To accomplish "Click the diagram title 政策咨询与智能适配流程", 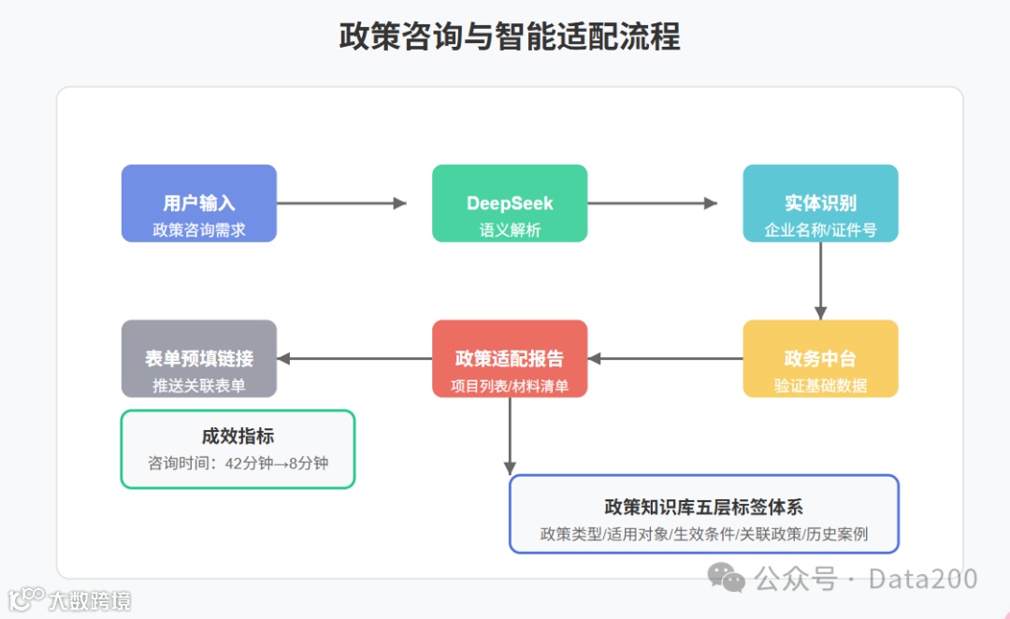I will pyautogui.click(x=510, y=36).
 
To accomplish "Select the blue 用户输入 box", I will pyautogui.click(x=199, y=203).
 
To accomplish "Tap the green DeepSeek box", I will pyautogui.click(x=510, y=203).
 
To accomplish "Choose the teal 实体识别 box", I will pyautogui.click(x=820, y=203).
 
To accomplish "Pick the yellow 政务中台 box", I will pyautogui.click(x=820, y=358).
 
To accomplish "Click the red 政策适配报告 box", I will pyautogui.click(x=510, y=358).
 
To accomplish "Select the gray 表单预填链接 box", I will pyautogui.click(x=199, y=358).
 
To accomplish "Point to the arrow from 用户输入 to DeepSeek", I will pyautogui.click(x=341, y=203).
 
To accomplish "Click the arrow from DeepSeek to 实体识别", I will pyautogui.click(x=652, y=203).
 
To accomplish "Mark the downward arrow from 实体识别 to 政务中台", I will pyautogui.click(x=820, y=281).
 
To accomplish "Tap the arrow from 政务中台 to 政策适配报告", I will pyautogui.click(x=665, y=358).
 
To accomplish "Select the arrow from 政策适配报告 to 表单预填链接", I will pyautogui.click(x=354, y=358).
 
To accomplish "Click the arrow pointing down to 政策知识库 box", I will pyautogui.click(x=510, y=436).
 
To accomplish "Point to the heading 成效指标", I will pyautogui.click(x=238, y=436).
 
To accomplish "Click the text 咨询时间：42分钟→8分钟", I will pyautogui.click(x=238, y=463).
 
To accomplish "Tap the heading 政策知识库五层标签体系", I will pyautogui.click(x=703, y=507).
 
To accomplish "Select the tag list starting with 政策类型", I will pyautogui.click(x=703, y=535).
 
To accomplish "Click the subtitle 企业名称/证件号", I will pyautogui.click(x=820, y=229).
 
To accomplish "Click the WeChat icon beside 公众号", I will pyautogui.click(x=727, y=578).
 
